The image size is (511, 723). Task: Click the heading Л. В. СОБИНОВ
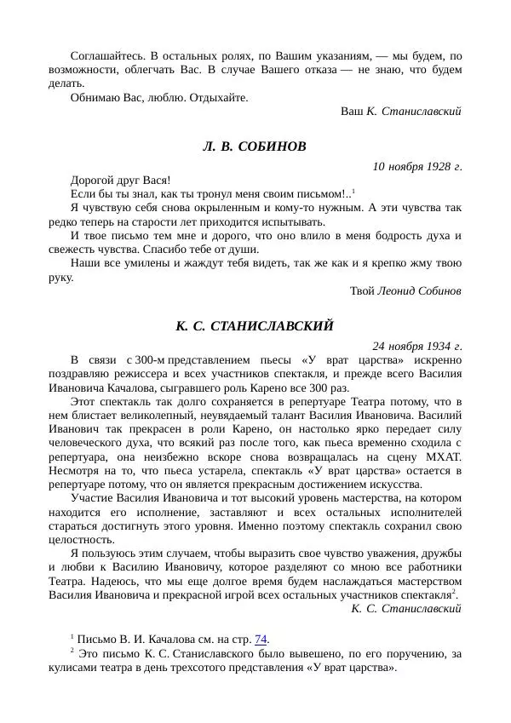[x=255, y=146]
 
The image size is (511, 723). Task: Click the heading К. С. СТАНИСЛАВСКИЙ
[x=255, y=325]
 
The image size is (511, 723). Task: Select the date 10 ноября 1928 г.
[x=417, y=165]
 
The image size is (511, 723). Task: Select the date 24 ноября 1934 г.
[x=417, y=345]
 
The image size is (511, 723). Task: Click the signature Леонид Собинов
[x=420, y=290]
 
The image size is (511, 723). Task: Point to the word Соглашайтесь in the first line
[x=108, y=54]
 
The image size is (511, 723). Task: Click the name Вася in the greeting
[x=153, y=180]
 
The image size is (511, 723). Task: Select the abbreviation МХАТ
[x=443, y=456]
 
